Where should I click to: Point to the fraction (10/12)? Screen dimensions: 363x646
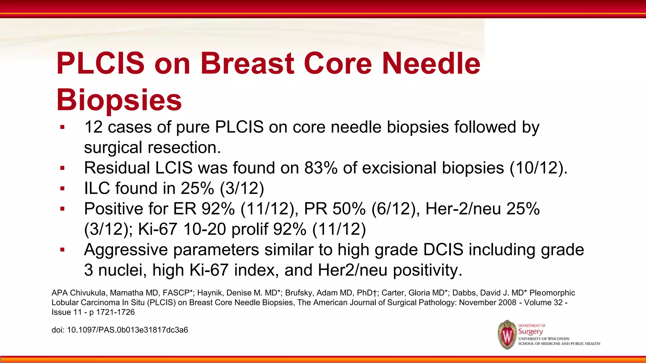(x=538, y=168)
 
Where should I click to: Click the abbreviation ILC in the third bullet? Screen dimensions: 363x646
(x=97, y=188)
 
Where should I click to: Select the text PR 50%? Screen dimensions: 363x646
(x=334, y=209)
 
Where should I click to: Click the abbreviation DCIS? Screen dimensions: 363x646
(x=443, y=250)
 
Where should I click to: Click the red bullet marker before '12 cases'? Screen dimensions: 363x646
(x=62, y=127)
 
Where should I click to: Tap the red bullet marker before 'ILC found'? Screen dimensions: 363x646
(x=62, y=188)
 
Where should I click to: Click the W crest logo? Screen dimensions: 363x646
(x=507, y=335)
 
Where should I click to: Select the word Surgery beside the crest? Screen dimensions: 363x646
(x=531, y=331)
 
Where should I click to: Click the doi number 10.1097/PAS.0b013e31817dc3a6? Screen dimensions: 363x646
(x=127, y=330)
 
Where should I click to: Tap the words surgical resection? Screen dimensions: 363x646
(x=152, y=147)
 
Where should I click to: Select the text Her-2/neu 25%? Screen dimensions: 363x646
(x=482, y=209)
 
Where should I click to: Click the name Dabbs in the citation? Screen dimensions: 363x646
(x=463, y=293)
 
